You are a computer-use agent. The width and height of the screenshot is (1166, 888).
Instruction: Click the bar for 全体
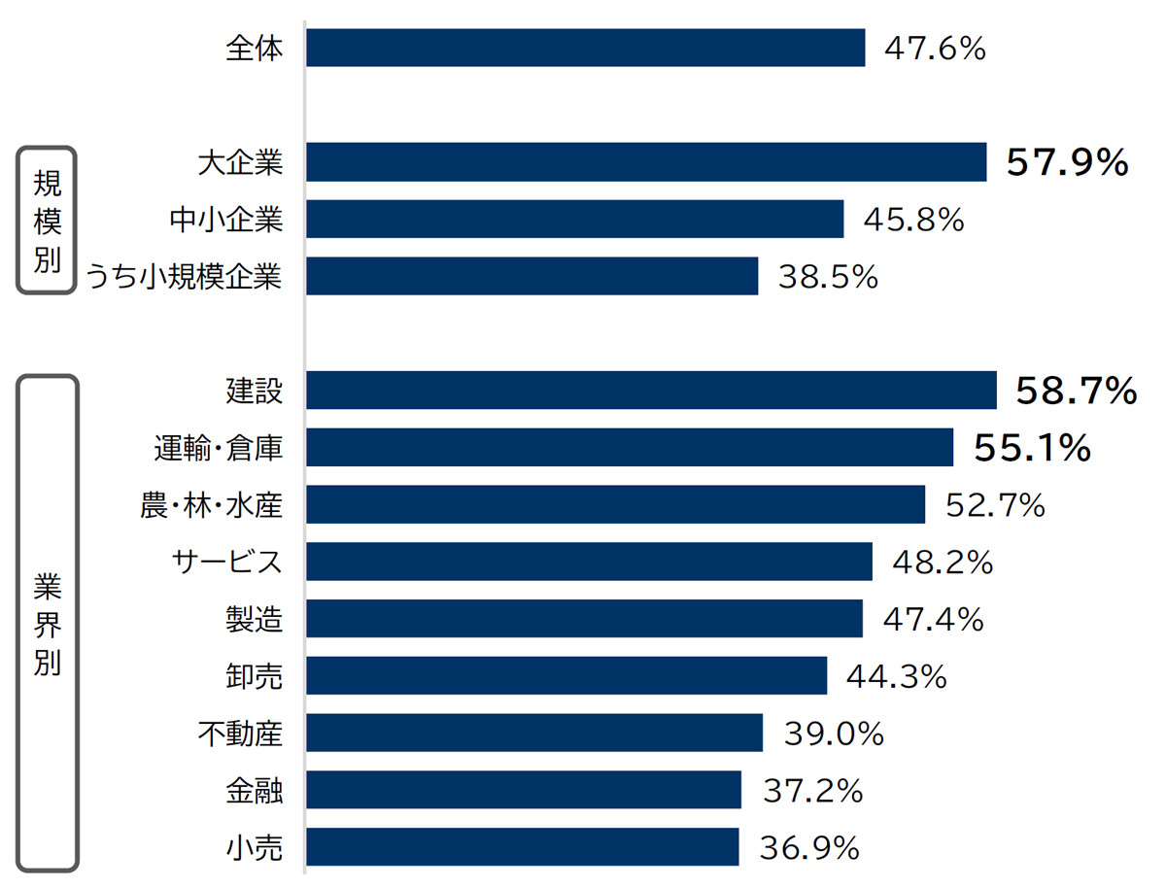(585, 48)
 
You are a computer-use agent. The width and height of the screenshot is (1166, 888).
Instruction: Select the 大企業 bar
(646, 162)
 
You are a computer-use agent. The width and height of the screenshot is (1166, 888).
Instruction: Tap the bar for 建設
(651, 391)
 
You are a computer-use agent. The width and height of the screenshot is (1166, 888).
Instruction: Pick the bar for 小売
(523, 846)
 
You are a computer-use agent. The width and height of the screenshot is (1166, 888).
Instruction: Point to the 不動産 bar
(534, 733)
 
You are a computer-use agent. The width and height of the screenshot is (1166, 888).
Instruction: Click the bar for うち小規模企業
(532, 276)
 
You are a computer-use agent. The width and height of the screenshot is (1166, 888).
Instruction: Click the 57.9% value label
(1067, 162)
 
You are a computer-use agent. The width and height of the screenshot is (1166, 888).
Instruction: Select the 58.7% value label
(1076, 391)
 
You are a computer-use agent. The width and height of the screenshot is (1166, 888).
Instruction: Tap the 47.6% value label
(935, 48)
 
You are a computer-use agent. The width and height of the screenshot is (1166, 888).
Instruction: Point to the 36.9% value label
(809, 847)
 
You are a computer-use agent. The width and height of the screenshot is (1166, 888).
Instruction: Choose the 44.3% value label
(897, 676)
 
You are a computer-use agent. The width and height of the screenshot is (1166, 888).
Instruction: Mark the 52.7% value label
(995, 505)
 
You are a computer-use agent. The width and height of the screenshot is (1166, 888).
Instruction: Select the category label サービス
(227, 562)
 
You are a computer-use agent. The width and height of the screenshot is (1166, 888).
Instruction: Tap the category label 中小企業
(226, 220)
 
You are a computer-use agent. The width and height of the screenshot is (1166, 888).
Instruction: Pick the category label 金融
(255, 790)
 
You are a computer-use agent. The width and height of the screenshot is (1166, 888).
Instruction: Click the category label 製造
(255, 619)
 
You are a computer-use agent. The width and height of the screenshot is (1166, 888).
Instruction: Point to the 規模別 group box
(47, 220)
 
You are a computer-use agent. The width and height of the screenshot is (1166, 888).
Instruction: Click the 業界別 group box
(47, 623)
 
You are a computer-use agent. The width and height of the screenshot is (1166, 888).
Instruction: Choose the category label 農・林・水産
(212, 505)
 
